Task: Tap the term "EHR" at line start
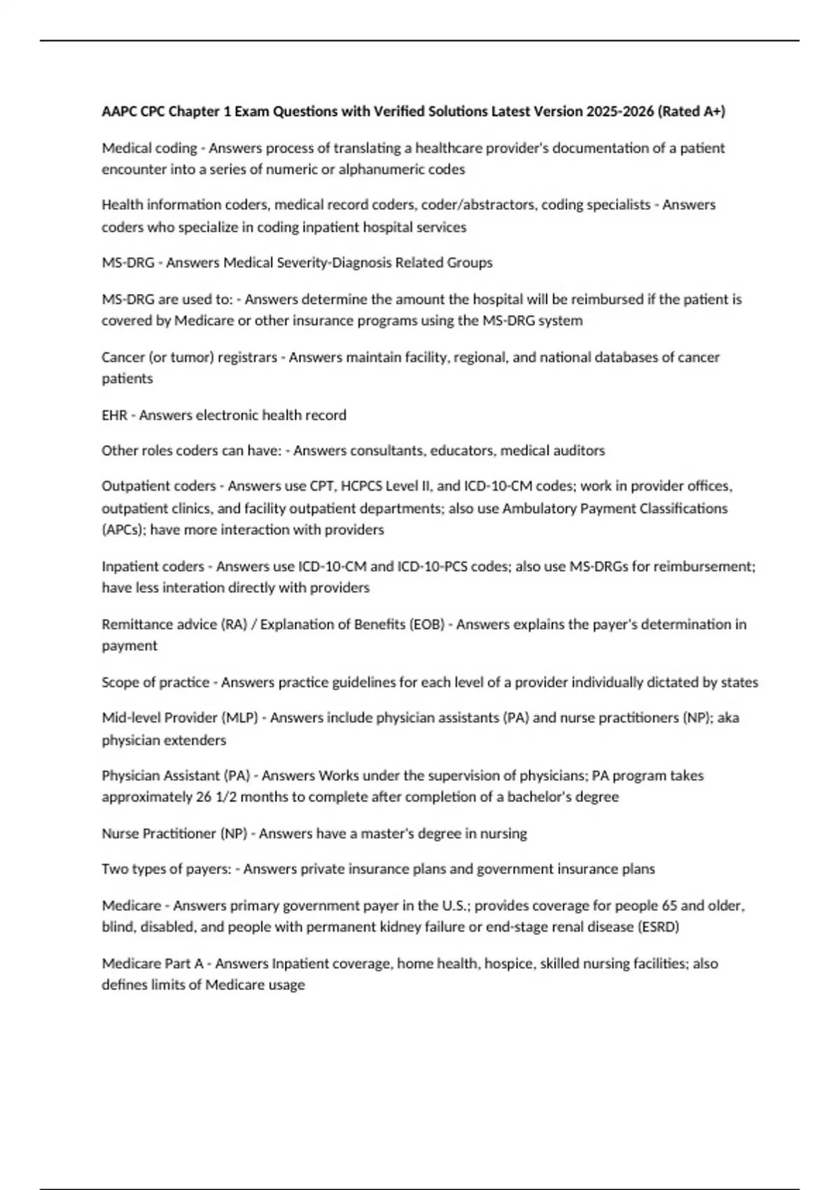[114, 415]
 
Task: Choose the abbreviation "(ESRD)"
[658, 927]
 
